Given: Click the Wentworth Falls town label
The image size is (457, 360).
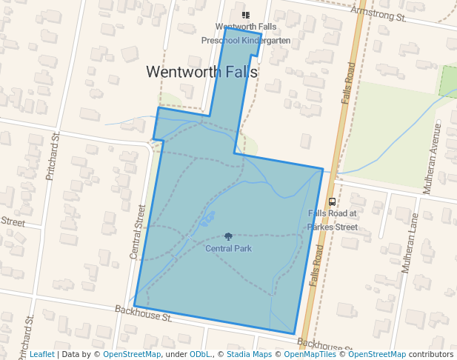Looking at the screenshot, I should point(201,72).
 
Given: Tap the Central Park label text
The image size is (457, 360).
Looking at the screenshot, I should point(228,248).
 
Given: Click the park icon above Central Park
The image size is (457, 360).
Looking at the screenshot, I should point(228,236).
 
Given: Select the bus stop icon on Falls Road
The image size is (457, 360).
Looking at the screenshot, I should point(332,201).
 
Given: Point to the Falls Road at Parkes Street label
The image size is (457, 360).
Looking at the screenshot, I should point(333,220).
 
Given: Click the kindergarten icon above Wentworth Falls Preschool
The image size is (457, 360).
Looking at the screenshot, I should point(246,15).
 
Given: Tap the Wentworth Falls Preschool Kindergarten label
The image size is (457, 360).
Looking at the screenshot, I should point(246,33).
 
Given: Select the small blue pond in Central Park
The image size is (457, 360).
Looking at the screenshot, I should point(207,219).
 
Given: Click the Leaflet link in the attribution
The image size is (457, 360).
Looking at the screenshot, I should point(41,355).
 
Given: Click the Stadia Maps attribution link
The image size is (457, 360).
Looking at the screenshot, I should point(248,355).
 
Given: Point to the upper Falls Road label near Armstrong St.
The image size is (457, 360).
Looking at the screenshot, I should point(348,82).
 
